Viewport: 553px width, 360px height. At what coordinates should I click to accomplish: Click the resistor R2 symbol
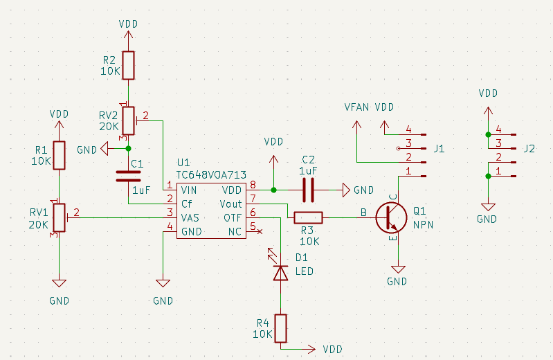click(128, 65)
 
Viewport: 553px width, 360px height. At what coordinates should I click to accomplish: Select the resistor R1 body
click(59, 155)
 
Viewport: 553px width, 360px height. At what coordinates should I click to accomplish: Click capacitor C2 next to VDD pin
click(308, 190)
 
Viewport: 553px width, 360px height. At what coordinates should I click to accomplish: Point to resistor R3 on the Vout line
click(308, 217)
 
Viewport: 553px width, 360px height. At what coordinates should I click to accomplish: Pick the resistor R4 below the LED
click(280, 328)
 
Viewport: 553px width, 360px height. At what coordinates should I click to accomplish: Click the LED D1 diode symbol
click(280, 273)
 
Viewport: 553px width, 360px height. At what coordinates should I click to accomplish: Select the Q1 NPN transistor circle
click(391, 217)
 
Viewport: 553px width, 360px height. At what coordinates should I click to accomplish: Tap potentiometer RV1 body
click(59, 217)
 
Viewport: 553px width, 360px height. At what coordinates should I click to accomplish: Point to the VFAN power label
click(357, 107)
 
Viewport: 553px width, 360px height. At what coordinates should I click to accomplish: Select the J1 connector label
click(439, 148)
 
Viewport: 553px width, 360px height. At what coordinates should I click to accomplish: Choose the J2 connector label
click(529, 148)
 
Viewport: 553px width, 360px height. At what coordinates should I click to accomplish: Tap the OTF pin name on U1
click(233, 217)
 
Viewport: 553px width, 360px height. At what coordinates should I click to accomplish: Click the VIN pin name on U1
click(189, 190)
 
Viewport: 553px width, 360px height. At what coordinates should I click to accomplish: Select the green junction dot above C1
click(128, 148)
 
